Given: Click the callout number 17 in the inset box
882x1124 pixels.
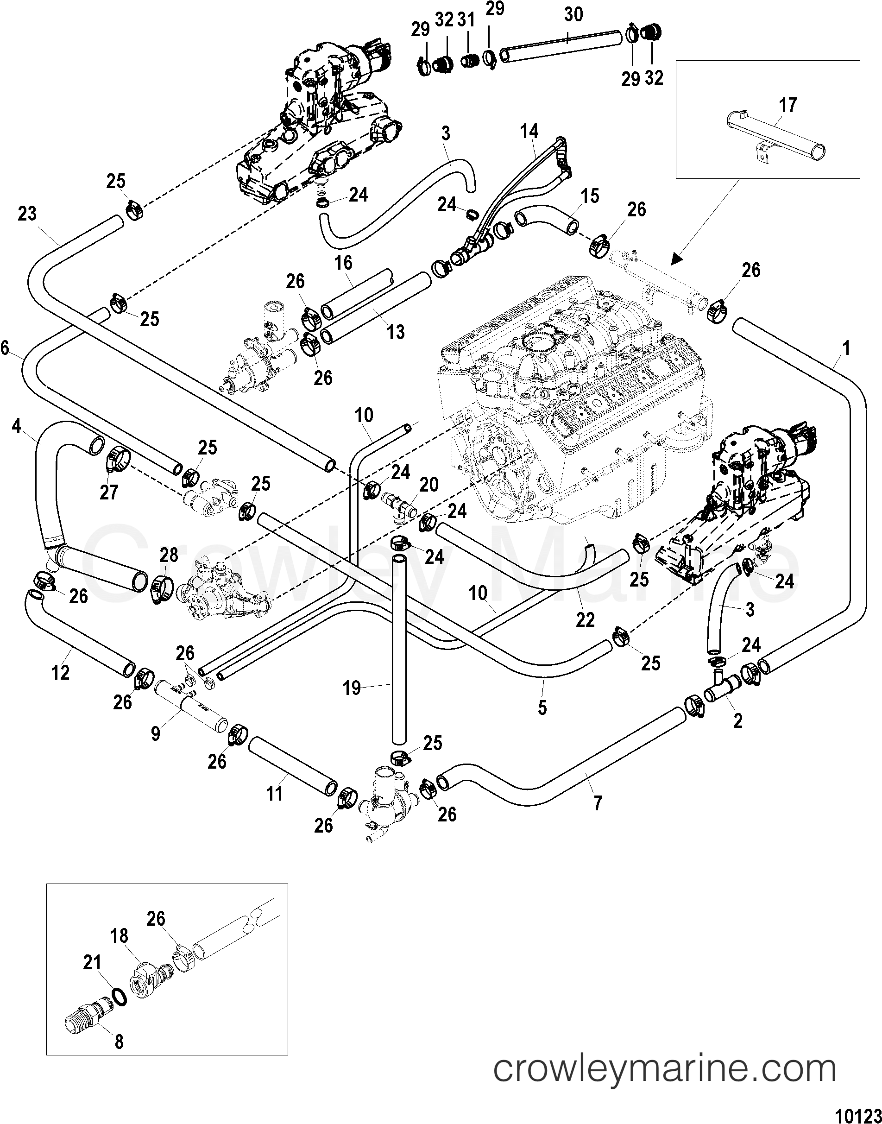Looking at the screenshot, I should [788, 105].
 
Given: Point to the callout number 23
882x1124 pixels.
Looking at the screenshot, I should [27, 213].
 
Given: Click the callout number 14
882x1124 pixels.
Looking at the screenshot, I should [529, 132].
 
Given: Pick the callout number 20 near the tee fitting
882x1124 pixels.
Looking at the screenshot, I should [429, 485].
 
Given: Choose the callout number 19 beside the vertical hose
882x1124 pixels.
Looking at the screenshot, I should [352, 688].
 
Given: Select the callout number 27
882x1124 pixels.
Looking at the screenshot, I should [109, 492].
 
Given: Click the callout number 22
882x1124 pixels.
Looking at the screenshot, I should [585, 619].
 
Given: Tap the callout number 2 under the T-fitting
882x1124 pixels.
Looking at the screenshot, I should [737, 720].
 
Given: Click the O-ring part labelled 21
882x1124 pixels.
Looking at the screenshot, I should [118, 998].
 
